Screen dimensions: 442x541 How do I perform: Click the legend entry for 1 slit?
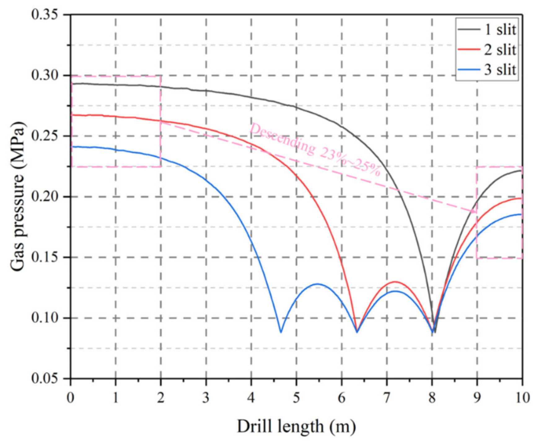click(x=487, y=30)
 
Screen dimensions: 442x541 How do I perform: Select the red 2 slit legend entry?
click(x=487, y=50)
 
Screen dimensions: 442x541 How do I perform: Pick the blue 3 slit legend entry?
click(x=487, y=69)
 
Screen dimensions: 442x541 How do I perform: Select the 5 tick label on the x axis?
click(x=297, y=398)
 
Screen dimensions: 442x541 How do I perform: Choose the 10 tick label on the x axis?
click(x=522, y=398)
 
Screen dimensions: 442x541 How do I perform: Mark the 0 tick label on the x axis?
click(x=71, y=398)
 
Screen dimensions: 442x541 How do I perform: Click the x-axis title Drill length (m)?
click(x=297, y=427)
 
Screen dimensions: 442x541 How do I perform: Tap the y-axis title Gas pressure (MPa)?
click(x=18, y=197)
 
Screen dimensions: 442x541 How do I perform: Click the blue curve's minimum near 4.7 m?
click(x=281, y=332)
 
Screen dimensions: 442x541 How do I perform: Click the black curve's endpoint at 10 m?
click(x=522, y=171)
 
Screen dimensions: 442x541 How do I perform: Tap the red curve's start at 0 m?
click(x=72, y=115)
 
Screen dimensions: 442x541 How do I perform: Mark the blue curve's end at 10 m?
click(x=522, y=214)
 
